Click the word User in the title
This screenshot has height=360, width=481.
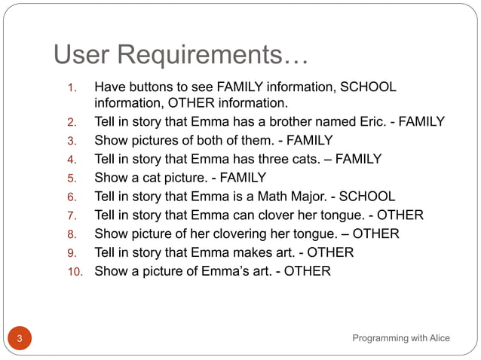[84, 54]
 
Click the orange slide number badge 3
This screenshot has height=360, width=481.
[20, 338]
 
